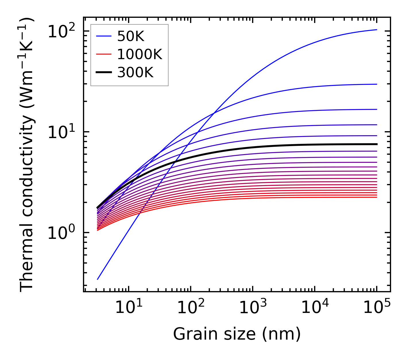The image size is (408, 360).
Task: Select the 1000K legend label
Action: tap(140, 54)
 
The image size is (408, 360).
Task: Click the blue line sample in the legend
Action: tap(103, 36)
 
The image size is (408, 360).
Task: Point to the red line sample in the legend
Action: tap(103, 54)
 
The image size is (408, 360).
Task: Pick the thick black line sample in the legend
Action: tap(103, 73)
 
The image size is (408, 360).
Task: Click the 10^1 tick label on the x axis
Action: tap(128, 308)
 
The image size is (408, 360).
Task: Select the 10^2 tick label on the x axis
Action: tap(190, 308)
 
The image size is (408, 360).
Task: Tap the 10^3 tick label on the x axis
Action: tap(252, 308)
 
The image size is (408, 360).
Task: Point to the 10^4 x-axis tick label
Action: tap(314, 308)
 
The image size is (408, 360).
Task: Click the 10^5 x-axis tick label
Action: tap(377, 308)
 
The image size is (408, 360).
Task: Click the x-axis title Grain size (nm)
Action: tap(237, 334)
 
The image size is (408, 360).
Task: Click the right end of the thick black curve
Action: tap(376, 144)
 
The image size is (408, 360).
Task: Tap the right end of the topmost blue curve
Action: tap(376, 30)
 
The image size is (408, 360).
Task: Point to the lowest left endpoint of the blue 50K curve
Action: tap(98, 279)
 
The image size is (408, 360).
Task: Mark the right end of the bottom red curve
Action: tap(376, 197)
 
